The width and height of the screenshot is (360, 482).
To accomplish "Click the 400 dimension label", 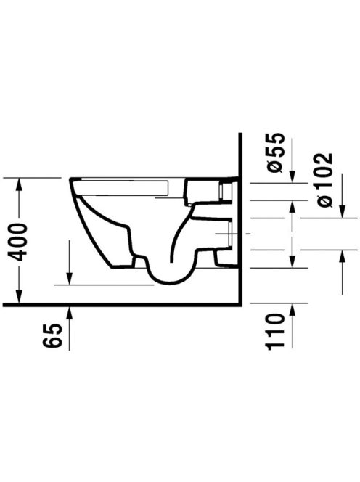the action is click(18, 242).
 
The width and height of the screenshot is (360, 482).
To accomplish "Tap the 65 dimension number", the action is click(52, 336).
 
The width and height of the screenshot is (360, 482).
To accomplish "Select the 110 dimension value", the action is click(275, 332).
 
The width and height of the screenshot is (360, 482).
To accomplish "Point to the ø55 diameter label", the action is click(274, 152).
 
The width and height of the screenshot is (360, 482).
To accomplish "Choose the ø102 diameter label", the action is click(325, 180).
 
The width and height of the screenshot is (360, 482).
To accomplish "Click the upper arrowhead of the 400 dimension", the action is click(19, 185).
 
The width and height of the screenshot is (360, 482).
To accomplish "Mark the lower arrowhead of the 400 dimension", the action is click(19, 296).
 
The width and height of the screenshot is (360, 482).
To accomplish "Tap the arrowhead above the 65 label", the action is click(70, 313).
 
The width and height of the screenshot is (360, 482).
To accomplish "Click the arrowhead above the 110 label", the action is click(292, 311).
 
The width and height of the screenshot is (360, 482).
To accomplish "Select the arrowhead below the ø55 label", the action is click(292, 176).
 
